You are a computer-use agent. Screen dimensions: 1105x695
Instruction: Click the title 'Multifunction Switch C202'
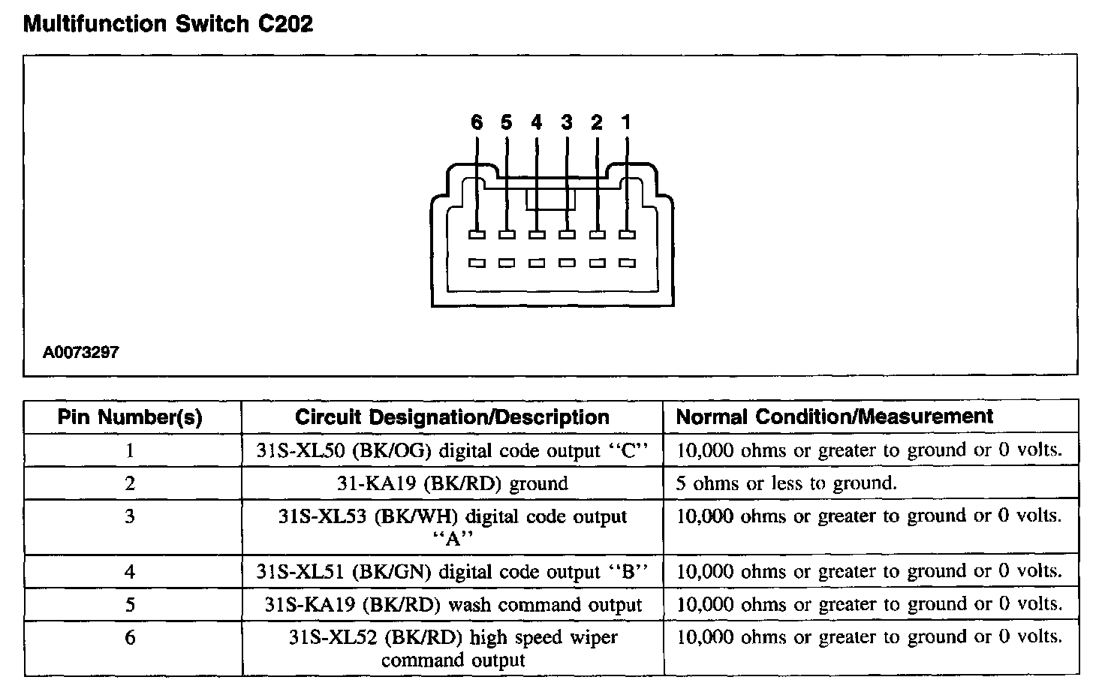click(x=168, y=24)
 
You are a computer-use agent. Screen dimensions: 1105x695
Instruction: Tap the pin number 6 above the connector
click(x=477, y=122)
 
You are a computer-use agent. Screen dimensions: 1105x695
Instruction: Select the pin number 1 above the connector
click(x=627, y=122)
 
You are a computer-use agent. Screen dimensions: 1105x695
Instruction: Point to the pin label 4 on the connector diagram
click(x=536, y=122)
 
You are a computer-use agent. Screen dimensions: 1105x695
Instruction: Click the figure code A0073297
click(x=81, y=352)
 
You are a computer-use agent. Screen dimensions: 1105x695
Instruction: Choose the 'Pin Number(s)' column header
click(x=130, y=417)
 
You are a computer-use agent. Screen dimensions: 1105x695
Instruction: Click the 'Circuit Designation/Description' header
click(x=452, y=417)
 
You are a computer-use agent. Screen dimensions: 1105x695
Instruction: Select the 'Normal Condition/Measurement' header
click(x=835, y=417)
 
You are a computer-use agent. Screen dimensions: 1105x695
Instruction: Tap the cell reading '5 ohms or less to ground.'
click(x=786, y=483)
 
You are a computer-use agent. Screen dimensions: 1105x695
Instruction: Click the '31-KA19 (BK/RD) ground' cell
click(x=452, y=483)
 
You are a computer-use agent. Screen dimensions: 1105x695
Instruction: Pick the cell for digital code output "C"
click(x=452, y=450)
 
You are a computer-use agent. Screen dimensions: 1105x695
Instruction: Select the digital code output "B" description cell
click(x=452, y=572)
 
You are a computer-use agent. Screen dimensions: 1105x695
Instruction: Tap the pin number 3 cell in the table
click(x=130, y=516)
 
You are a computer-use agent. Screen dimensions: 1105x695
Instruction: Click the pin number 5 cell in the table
click(x=130, y=605)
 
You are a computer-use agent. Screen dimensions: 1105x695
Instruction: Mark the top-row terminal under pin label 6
click(x=477, y=235)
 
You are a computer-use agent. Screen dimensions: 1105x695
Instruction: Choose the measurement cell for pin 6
click(x=869, y=638)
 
